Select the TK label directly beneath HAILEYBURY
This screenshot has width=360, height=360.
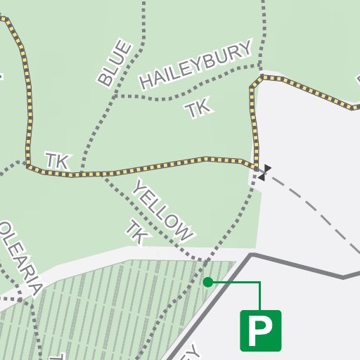point(198,108)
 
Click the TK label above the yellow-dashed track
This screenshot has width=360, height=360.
point(57,161)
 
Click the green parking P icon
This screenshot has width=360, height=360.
point(261,330)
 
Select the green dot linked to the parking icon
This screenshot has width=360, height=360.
point(207,282)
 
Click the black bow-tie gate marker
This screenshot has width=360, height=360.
point(264,172)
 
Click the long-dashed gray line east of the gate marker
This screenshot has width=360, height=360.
point(316,212)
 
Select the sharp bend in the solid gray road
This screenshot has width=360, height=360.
point(252,255)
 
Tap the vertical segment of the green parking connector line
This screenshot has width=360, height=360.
point(260,295)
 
